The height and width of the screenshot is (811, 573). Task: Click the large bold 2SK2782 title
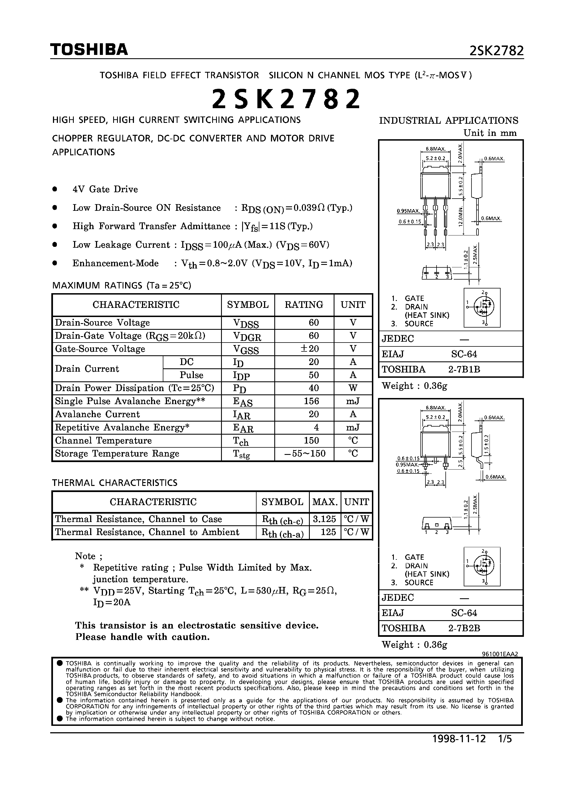pyautogui.click(x=286, y=99)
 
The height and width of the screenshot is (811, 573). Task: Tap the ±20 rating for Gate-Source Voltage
pyautogui.click(x=310, y=349)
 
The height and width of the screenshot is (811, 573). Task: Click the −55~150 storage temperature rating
pyautogui.click(x=305, y=453)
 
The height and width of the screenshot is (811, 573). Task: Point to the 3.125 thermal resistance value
pyautogui.click(x=324, y=519)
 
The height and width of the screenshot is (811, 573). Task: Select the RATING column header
pyautogui.click(x=304, y=305)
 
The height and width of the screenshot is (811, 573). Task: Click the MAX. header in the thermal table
pyautogui.click(x=325, y=502)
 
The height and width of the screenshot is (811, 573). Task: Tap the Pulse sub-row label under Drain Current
pyautogui.click(x=191, y=375)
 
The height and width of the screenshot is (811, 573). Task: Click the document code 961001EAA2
pyautogui.click(x=500, y=654)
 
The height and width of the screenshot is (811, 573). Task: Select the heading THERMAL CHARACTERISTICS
pyautogui.click(x=115, y=483)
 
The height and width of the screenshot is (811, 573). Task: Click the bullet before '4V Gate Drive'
pyautogui.click(x=55, y=189)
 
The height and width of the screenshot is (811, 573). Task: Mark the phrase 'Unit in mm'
pyautogui.click(x=490, y=133)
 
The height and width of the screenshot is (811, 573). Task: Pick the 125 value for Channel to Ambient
pyautogui.click(x=328, y=532)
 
